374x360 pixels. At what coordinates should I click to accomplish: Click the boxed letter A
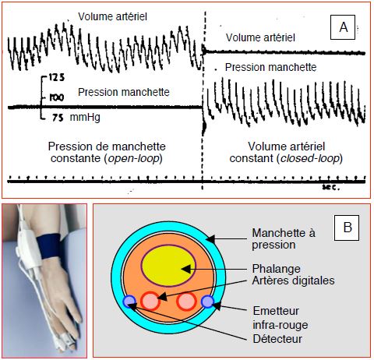(343, 27)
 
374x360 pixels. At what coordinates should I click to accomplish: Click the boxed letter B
(347, 228)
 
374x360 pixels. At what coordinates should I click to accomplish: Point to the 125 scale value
(57, 77)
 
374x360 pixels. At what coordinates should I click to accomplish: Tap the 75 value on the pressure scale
(58, 118)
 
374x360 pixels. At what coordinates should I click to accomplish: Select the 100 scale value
(57, 97)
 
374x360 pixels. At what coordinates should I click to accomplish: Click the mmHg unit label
(85, 118)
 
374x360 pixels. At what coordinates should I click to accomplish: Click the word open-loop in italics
(133, 158)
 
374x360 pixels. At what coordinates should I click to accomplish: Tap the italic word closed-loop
(310, 158)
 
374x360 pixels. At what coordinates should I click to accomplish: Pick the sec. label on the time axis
(331, 187)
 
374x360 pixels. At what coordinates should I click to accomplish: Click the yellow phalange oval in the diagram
(168, 266)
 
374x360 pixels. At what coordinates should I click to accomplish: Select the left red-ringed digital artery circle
(150, 301)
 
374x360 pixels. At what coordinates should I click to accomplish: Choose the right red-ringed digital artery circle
(186, 302)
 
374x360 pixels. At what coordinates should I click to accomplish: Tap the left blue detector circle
(129, 302)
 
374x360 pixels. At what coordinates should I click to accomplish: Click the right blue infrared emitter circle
(207, 302)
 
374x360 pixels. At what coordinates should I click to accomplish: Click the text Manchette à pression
(284, 238)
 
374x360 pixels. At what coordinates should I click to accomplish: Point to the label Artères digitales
(293, 281)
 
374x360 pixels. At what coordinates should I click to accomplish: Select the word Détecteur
(277, 339)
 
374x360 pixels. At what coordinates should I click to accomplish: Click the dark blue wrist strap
(49, 246)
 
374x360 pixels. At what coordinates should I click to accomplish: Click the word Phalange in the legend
(276, 269)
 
